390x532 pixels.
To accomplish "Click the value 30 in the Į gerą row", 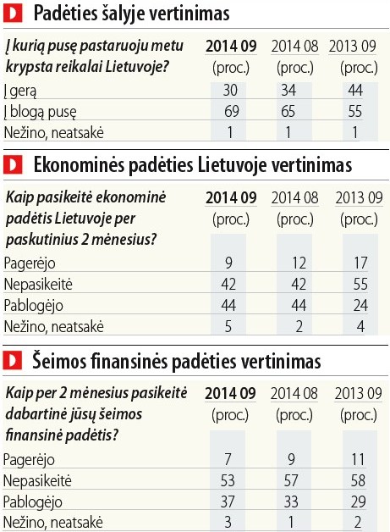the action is click(x=230, y=91).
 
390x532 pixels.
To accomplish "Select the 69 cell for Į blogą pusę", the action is click(x=232, y=111).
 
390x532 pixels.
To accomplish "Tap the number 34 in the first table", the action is click(x=288, y=91).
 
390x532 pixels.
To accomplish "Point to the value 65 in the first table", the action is click(x=288, y=111).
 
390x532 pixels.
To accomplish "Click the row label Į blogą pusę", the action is click(x=41, y=112).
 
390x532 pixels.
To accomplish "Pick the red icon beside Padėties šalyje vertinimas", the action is click(x=13, y=14).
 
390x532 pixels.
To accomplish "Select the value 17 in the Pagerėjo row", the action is click(x=360, y=263).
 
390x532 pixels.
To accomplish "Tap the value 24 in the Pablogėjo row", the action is click(x=360, y=305).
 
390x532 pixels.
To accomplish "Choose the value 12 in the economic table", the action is click(x=299, y=263).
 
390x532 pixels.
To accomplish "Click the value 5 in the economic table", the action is click(x=228, y=326).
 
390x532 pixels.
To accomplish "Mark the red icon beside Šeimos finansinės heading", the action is click(x=12, y=361).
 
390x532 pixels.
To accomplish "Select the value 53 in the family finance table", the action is click(x=228, y=480).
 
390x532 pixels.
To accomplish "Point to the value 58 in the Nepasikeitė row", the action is click(x=358, y=480).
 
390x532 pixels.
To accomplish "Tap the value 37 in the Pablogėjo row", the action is click(x=228, y=502).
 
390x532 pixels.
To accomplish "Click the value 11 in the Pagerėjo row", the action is click(x=358, y=459).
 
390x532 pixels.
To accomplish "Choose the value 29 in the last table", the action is click(x=359, y=502).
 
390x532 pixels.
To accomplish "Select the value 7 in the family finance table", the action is click(x=228, y=459).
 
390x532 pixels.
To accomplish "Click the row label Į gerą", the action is click(x=20, y=91).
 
